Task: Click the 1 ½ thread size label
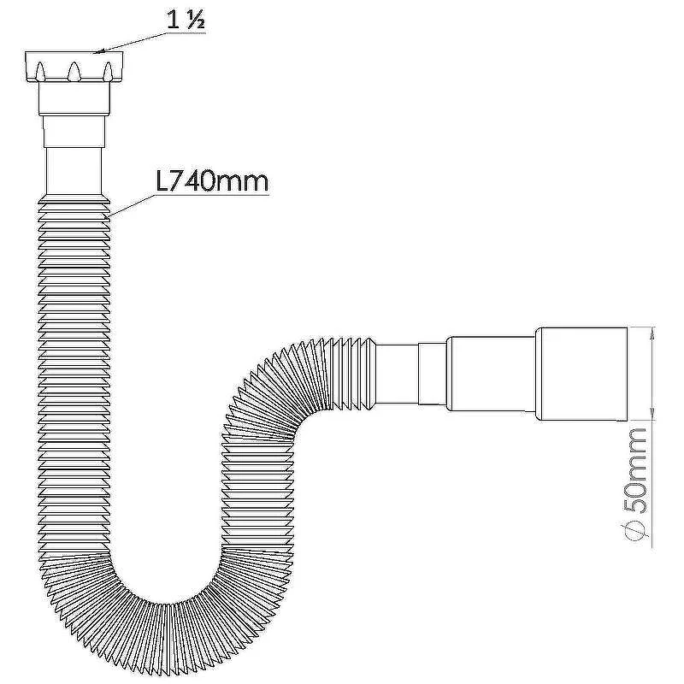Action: click(186, 20)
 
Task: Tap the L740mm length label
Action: click(212, 181)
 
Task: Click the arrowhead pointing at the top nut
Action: click(100, 51)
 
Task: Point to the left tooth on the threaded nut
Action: click(40, 72)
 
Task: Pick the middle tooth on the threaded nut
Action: click(74, 71)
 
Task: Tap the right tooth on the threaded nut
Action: click(108, 72)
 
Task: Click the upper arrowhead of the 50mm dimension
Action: click(652, 333)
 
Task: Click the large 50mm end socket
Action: click(582, 374)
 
